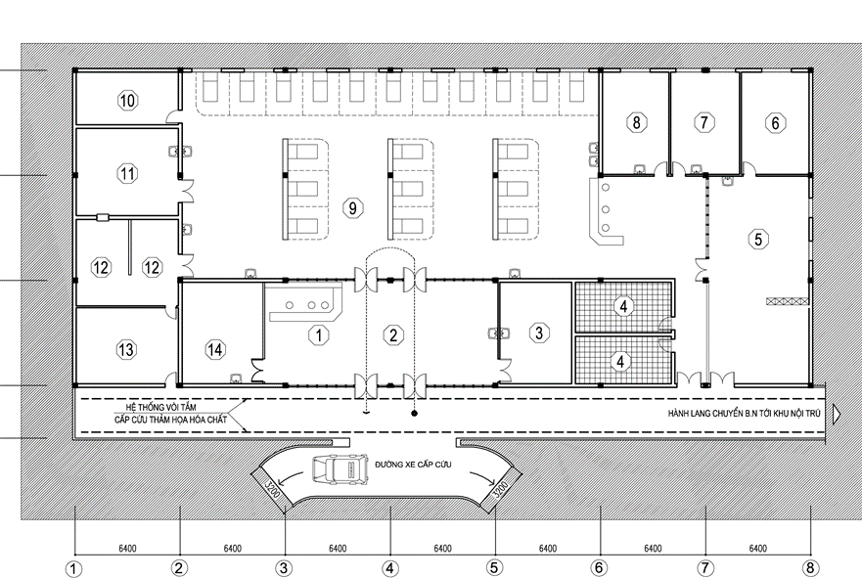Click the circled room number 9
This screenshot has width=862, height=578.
tap(352, 207)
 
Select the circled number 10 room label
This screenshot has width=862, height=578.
tap(127, 101)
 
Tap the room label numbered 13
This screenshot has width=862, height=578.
tap(126, 349)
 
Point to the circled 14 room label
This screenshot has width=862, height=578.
tap(215, 349)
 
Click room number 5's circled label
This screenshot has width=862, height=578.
tap(758, 239)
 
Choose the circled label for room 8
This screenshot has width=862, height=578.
tap(637, 122)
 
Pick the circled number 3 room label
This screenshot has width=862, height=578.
tap(539, 333)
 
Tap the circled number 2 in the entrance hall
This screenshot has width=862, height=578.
tap(393, 335)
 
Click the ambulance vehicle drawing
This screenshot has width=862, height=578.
tap(340, 469)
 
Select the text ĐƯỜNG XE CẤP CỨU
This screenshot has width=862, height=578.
tap(413, 465)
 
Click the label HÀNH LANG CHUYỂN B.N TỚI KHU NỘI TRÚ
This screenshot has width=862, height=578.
tap(744, 413)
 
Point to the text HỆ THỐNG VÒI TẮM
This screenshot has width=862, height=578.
tap(160, 407)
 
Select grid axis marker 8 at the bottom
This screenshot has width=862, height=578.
tap(810, 567)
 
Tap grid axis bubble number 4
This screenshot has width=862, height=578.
tap(389, 568)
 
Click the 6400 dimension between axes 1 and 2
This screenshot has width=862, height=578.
tap(127, 549)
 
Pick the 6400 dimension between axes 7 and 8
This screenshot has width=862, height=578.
tap(757, 549)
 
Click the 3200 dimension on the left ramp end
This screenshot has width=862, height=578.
tap(272, 489)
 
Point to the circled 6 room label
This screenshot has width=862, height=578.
tap(775, 122)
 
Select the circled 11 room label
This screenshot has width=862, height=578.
tap(127, 174)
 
